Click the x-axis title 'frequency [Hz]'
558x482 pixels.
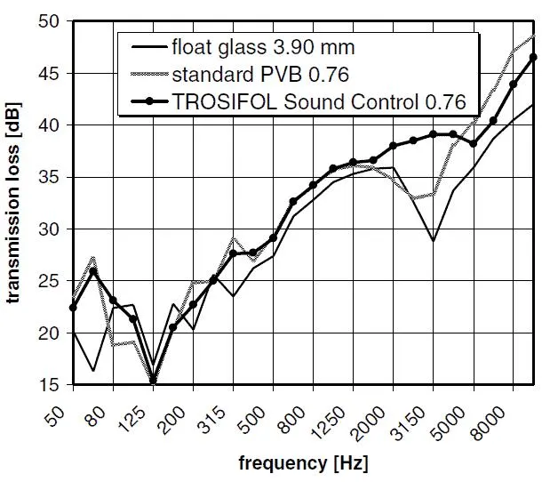(x=302, y=463)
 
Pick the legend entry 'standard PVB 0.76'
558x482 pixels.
(x=261, y=74)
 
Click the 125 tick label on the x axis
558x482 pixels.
(x=139, y=410)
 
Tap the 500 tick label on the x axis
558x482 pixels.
(x=259, y=410)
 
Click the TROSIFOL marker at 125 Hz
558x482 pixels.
(x=153, y=381)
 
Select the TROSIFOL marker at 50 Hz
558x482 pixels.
(x=73, y=308)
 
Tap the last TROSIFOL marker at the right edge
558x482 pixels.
(x=533, y=57)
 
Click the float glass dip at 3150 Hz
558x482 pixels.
(x=433, y=241)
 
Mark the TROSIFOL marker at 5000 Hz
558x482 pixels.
(x=473, y=143)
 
